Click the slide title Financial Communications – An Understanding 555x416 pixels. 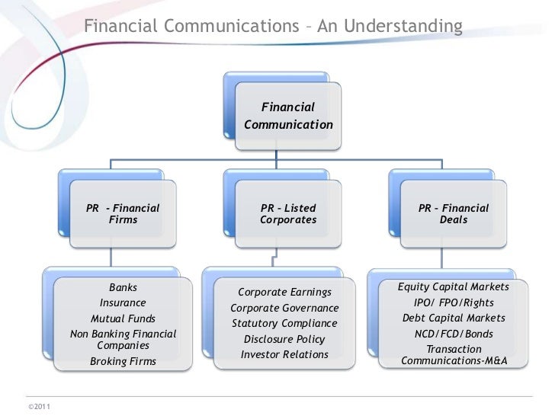273,27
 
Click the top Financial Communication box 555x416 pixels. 288,115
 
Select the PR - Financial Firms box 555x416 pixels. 124,214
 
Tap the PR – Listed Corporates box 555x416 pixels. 288,214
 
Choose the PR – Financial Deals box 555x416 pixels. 454,214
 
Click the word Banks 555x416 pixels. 124,288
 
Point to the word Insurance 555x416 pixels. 124,303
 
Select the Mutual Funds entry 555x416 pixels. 124,318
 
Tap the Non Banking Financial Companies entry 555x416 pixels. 124,340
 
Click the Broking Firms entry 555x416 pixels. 124,361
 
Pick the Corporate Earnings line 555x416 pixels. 284,292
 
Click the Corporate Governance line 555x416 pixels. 284,308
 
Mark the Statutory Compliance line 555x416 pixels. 284,323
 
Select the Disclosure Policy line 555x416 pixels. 284,339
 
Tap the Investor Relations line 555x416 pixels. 284,354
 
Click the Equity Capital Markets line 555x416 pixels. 454,287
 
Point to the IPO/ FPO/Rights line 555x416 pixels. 454,302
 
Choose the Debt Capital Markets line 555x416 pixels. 454,318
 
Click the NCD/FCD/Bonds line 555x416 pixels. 454,334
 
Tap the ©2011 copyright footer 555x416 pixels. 38,405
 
